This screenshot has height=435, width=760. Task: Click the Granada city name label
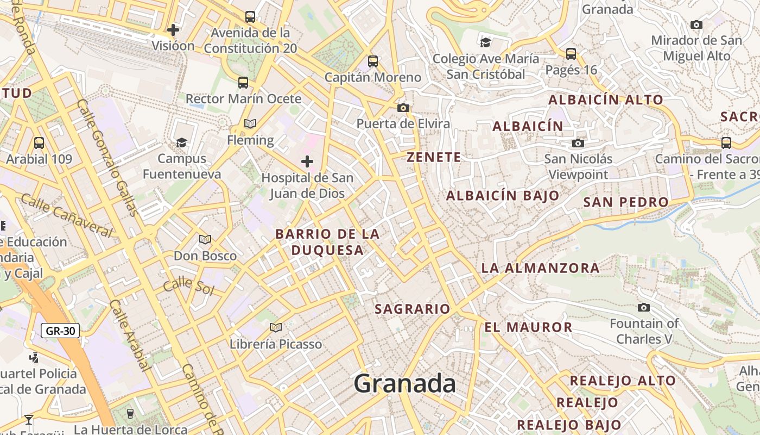(x=405, y=384)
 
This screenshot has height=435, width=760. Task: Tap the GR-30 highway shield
(x=60, y=330)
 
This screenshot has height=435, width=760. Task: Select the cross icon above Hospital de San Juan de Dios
(x=307, y=161)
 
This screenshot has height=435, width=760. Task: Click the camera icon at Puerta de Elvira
(x=403, y=108)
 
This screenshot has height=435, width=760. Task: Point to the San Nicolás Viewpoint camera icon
(x=578, y=143)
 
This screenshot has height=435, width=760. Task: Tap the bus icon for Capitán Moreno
(x=373, y=61)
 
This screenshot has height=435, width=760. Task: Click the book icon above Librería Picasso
(x=276, y=327)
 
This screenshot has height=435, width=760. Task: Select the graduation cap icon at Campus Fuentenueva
(x=181, y=142)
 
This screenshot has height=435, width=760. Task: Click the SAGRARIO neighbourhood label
(x=413, y=309)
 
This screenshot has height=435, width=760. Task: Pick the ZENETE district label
(x=434, y=158)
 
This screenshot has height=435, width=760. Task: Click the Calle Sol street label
(x=188, y=285)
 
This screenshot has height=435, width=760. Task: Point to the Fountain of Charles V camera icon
(x=644, y=307)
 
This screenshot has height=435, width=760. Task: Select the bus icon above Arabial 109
(x=39, y=143)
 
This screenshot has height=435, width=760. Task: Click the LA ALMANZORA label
(x=540, y=268)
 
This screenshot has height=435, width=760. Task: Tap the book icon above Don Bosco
(x=205, y=239)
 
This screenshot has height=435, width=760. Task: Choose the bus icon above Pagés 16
(x=571, y=53)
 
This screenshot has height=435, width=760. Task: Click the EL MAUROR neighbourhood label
(x=528, y=327)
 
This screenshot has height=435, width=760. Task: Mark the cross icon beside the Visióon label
(x=173, y=29)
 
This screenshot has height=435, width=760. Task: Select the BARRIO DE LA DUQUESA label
(x=327, y=242)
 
